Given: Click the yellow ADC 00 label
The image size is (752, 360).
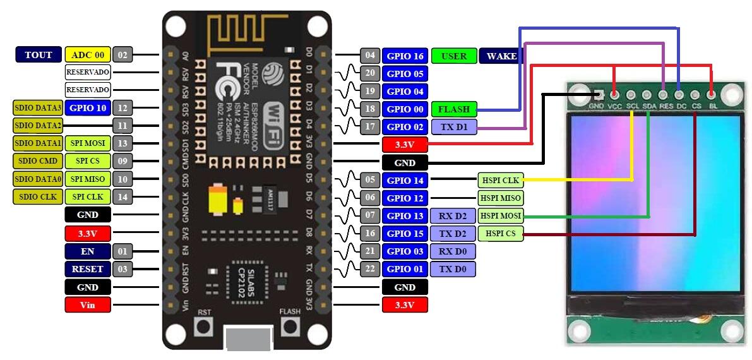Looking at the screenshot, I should click(x=87, y=55).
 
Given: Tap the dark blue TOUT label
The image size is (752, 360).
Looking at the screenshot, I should click(x=39, y=55).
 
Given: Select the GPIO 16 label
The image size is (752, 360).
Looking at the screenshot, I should click(x=405, y=56).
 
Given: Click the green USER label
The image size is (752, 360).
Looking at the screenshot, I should click(x=453, y=56).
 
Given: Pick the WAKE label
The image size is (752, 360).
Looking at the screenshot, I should click(x=501, y=56).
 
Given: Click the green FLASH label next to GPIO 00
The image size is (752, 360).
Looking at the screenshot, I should click(x=453, y=109).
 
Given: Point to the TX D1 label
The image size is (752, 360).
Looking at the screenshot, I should click(x=453, y=127).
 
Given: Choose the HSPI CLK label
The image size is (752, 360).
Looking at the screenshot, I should click(x=500, y=181).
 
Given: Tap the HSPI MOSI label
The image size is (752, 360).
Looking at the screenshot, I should click(x=500, y=216).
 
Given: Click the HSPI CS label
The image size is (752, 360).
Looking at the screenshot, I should click(x=500, y=234).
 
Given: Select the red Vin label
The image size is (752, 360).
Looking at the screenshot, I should click(x=88, y=305).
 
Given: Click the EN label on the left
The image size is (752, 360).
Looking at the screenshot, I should click(x=88, y=251).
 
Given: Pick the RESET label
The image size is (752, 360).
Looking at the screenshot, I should click(x=88, y=269).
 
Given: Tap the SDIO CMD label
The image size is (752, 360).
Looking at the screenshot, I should click(x=38, y=161).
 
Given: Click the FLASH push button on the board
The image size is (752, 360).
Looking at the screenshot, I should click(x=290, y=327).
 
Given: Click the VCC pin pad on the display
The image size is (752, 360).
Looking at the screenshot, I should click(x=614, y=95).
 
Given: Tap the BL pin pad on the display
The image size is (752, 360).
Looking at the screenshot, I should click(x=712, y=95).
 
